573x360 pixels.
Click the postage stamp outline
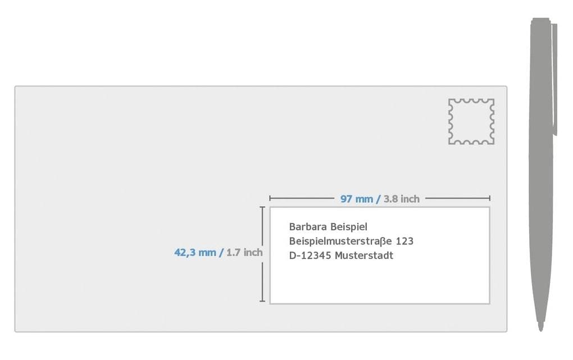tap(449, 121)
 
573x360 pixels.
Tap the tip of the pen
tap(541, 330)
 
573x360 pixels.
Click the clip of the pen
tap(554, 79)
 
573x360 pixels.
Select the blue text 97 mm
tap(357, 199)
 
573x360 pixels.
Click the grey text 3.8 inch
tap(401, 199)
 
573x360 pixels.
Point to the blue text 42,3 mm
tap(195, 253)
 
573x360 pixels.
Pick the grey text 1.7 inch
tap(244, 252)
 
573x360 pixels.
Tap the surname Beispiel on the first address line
tap(349, 227)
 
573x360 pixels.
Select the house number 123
tap(404, 241)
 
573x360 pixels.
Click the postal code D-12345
tap(310, 256)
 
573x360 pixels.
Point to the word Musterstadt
tap(364, 256)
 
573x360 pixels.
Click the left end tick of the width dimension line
tap(270, 198)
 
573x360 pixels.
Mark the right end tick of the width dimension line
tap(489, 198)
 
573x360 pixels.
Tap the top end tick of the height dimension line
tap(262, 207)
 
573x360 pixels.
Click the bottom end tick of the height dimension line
tap(262, 301)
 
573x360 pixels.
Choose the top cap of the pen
tap(541, 21)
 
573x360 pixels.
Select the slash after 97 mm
tap(378, 199)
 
